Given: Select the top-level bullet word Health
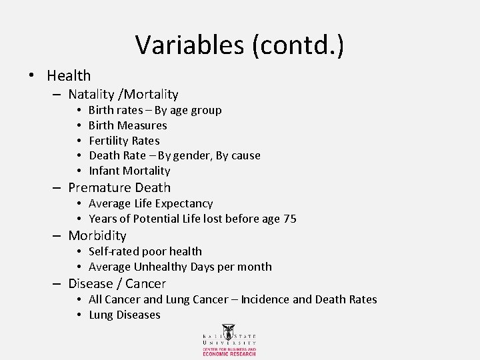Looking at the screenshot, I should (x=69, y=76).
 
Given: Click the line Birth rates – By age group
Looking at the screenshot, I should (x=155, y=110).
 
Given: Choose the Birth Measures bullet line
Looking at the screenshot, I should (x=127, y=125).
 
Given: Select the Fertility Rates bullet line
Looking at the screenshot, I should (x=124, y=141).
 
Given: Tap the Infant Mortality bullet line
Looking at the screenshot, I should (x=129, y=171).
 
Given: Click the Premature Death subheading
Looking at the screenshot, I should (x=119, y=188).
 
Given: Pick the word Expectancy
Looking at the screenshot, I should (x=184, y=203).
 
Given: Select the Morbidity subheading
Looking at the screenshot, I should (x=97, y=235).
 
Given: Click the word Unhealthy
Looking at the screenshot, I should (x=163, y=267).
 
